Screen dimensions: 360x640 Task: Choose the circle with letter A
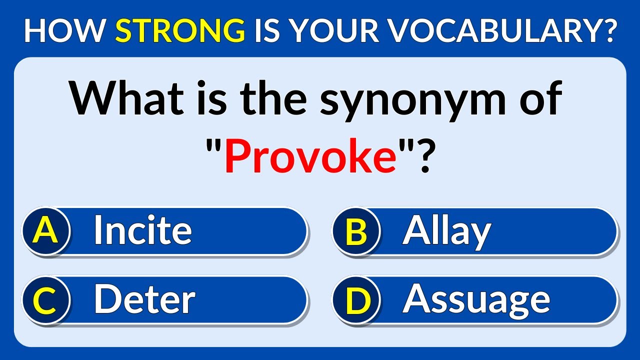tap(45, 231)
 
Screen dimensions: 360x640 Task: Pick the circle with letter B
tap(356, 232)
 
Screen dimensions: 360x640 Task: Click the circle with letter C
tap(45, 300)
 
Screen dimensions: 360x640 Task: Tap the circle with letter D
tap(356, 300)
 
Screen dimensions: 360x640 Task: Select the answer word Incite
tap(142, 230)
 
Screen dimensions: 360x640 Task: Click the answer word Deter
tap(144, 299)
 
